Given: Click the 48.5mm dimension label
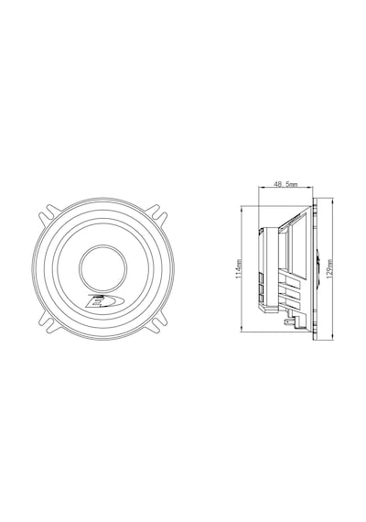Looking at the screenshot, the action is click(285, 184).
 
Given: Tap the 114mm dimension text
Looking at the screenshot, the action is click(239, 268).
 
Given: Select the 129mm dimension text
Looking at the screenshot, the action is click(329, 268).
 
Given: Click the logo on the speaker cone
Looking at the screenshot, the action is click(103, 301).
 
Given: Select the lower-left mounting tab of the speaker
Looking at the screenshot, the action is click(50, 322).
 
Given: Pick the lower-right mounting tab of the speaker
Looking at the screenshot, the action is click(156, 322).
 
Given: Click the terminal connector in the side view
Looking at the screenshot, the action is click(288, 323).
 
